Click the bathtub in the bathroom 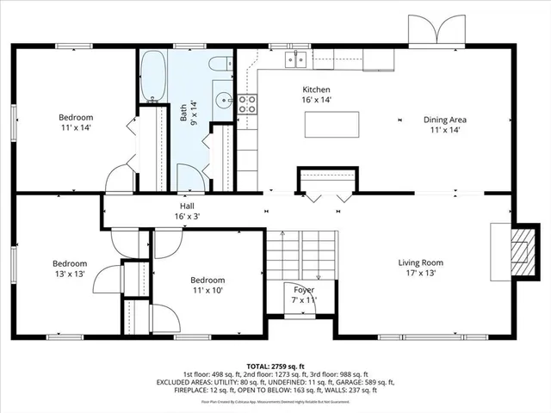pos(154,77)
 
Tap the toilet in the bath pos(219,63)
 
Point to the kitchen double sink pos(297,59)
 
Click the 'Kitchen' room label pos(316,89)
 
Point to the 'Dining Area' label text pos(445,120)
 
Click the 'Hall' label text pos(187,207)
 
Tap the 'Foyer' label pos(304,290)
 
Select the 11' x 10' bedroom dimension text pos(207,292)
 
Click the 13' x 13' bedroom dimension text pos(69,274)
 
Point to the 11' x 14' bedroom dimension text pos(75,128)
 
